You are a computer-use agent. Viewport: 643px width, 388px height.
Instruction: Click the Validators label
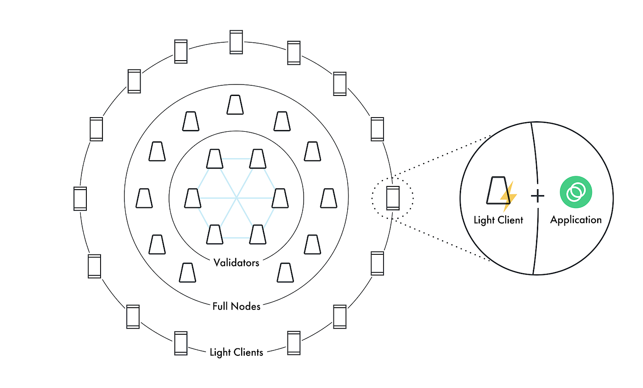click(236, 263)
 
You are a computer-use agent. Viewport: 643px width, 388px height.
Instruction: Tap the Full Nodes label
click(236, 306)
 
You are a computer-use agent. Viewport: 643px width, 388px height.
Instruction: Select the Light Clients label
click(236, 352)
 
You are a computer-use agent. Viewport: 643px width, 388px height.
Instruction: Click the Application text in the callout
click(575, 219)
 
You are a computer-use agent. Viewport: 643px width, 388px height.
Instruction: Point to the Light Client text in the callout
click(498, 219)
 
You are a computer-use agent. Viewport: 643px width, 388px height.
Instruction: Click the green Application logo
click(575, 192)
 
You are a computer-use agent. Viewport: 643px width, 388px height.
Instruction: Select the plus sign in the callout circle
click(537, 196)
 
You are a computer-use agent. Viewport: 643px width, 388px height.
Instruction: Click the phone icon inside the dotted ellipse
click(393, 198)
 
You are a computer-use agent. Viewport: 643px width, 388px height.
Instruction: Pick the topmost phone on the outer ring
click(236, 42)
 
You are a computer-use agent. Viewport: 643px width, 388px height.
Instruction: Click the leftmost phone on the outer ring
click(80, 199)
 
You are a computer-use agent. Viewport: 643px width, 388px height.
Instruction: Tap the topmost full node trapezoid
click(235, 105)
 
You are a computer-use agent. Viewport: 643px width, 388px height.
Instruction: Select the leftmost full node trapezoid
click(144, 198)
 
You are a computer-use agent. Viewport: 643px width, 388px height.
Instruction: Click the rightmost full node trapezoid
click(328, 198)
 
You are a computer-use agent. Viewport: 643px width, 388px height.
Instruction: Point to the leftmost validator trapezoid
click(192, 198)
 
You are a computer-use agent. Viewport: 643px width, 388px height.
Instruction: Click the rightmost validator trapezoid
click(280, 198)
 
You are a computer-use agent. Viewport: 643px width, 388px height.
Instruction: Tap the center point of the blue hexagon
click(236, 198)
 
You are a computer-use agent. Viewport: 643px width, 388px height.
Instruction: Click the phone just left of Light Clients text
click(181, 343)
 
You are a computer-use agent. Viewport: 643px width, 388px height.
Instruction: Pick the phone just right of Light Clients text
click(293, 342)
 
